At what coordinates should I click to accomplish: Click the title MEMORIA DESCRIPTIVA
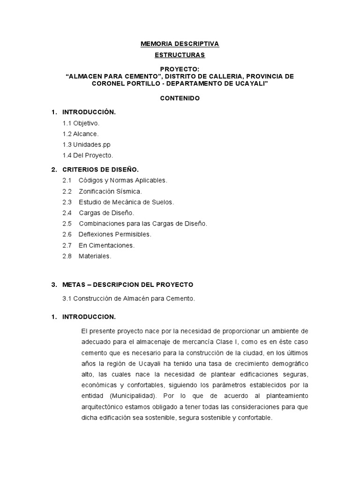point(180,44)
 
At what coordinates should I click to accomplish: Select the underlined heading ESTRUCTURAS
point(180,55)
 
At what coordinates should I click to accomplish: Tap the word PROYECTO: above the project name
point(180,69)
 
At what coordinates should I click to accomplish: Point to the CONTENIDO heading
point(180,98)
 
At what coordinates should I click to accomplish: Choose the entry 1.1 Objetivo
point(81,123)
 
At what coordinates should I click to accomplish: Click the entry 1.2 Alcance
point(81,134)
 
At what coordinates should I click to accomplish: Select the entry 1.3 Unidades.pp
point(87,144)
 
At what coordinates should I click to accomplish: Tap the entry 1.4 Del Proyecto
point(88,155)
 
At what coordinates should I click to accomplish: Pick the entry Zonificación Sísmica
point(110,191)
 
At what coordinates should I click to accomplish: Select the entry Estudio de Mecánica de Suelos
point(126,202)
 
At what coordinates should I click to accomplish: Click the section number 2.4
point(67,213)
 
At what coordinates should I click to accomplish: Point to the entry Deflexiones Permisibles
point(115,234)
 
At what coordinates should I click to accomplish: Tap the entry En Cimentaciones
point(106,245)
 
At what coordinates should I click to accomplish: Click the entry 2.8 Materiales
point(87,256)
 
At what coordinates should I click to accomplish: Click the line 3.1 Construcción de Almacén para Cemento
point(128,298)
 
